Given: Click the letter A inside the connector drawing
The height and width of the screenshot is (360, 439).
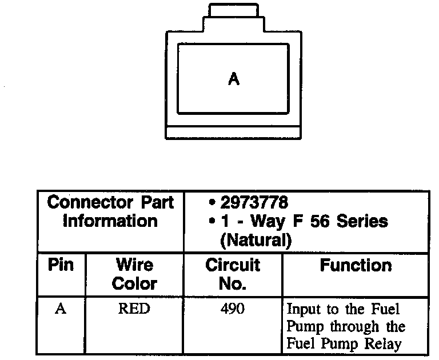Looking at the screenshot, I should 233,79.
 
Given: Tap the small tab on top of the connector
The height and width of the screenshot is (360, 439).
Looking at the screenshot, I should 234,10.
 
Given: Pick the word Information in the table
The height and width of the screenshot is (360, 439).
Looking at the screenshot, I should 110,221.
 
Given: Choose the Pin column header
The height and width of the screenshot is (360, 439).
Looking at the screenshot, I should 61,265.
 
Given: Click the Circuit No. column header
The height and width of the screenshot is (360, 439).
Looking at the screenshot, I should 232,274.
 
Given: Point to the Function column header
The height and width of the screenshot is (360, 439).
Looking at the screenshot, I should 355,265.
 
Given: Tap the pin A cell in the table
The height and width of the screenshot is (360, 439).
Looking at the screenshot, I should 60,309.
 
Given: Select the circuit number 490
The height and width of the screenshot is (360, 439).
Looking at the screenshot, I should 232,309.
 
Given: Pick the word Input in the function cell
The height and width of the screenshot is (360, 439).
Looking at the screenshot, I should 300,310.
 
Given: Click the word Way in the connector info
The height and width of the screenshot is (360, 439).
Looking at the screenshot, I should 268,221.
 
